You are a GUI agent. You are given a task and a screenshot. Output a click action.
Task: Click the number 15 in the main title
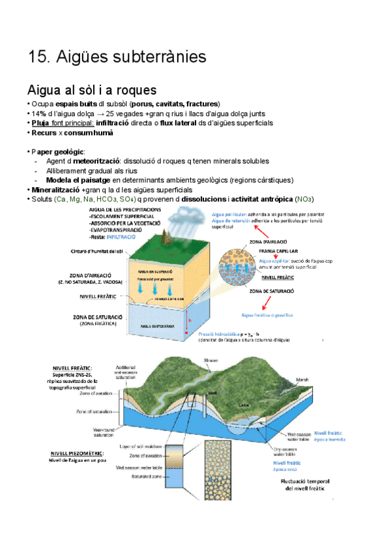[x=36, y=57]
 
